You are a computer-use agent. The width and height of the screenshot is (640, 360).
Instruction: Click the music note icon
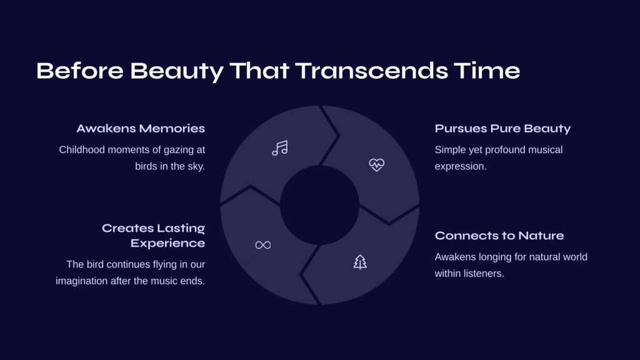(x=280, y=148)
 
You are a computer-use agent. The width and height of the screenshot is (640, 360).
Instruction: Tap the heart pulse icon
(x=376, y=165)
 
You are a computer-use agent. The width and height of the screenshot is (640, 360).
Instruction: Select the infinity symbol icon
(x=263, y=245)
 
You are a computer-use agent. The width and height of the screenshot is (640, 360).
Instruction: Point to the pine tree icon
(x=360, y=262)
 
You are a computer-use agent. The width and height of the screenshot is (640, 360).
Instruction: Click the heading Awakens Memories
(x=141, y=129)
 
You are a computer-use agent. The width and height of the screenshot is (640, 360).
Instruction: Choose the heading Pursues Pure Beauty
(x=502, y=129)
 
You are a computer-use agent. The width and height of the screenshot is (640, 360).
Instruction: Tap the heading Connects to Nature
(x=499, y=236)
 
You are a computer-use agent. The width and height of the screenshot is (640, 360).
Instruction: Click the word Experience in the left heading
(x=167, y=243)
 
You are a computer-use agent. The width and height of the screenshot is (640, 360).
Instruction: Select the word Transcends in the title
(x=371, y=71)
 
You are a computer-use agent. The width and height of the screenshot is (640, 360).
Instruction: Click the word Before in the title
(x=80, y=71)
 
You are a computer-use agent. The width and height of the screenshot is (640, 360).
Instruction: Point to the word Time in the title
(x=487, y=71)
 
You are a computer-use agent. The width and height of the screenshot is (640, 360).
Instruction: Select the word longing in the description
(x=496, y=257)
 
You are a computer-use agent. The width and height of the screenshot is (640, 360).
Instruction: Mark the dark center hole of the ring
(x=319, y=205)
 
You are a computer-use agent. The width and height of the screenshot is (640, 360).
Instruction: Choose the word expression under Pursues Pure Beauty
(x=461, y=167)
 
